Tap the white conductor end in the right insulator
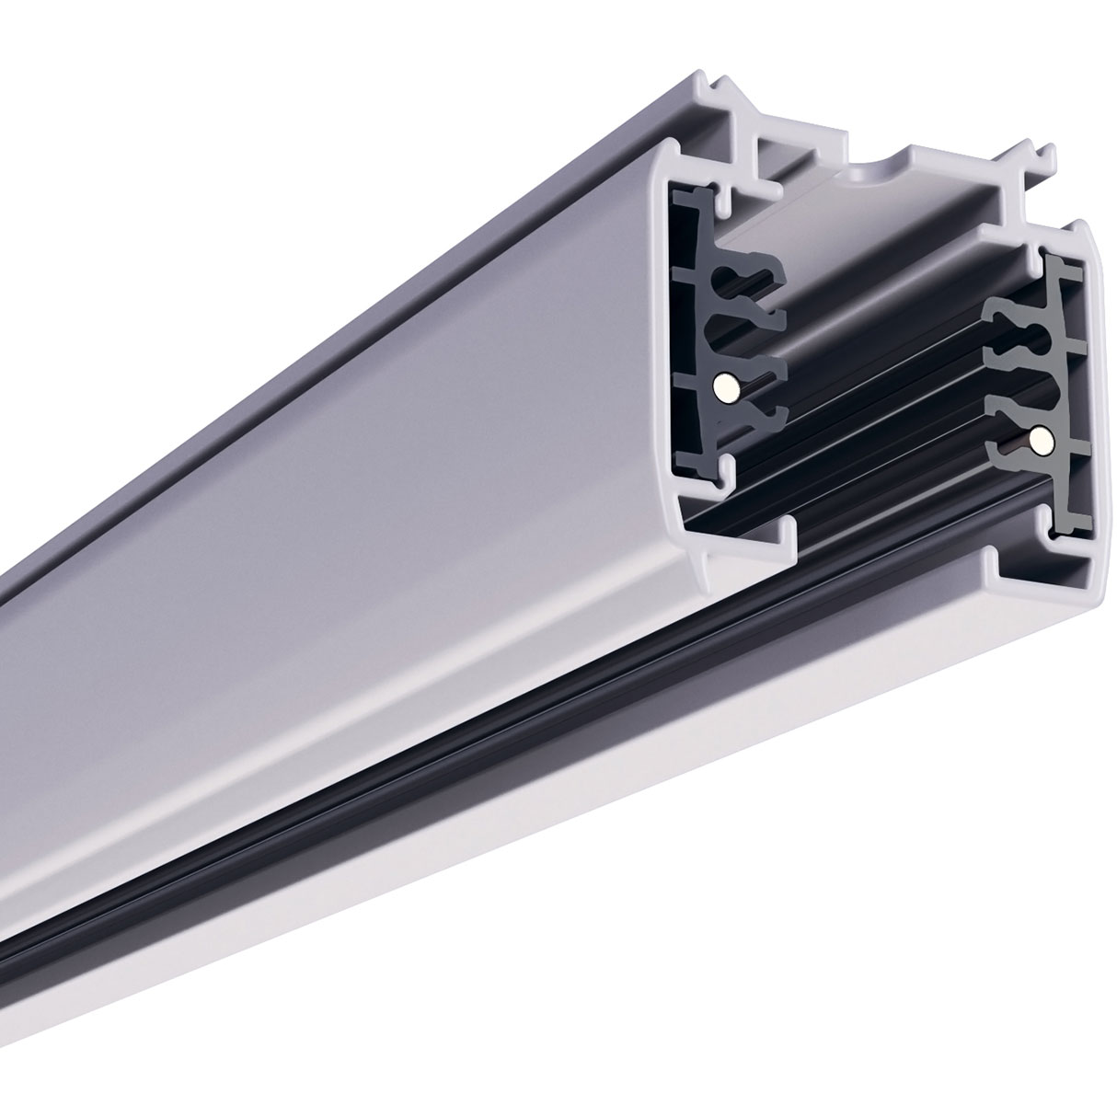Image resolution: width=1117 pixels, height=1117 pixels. pos(1040,441)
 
